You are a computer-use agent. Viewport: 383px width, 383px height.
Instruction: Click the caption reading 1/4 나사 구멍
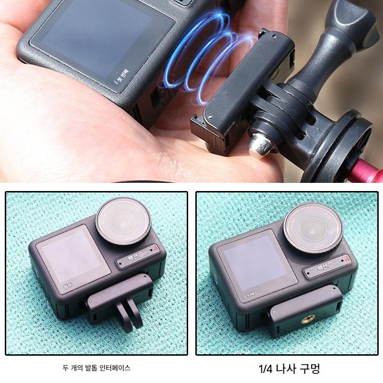[x=289, y=369]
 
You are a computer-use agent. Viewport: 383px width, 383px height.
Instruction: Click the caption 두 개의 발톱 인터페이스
[x=96, y=368]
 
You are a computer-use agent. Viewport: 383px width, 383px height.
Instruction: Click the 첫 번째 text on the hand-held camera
[x=120, y=75]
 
